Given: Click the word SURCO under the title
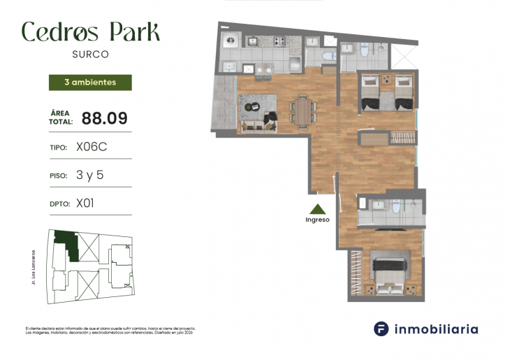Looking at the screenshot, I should point(91,53).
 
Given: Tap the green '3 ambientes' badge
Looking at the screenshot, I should point(90,82).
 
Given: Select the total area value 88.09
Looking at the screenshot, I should point(104,118).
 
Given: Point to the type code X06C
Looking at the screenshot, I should point(91,147).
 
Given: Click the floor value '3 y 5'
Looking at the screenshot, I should point(89,175).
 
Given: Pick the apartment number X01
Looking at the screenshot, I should point(85,203).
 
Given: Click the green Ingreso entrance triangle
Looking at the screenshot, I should point(317,209).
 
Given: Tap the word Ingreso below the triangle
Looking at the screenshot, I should point(317,220).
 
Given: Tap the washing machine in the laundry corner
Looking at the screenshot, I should point(229,41).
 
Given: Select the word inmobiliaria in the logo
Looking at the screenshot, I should point(436,329).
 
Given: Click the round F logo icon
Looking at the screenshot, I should point(381,329).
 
